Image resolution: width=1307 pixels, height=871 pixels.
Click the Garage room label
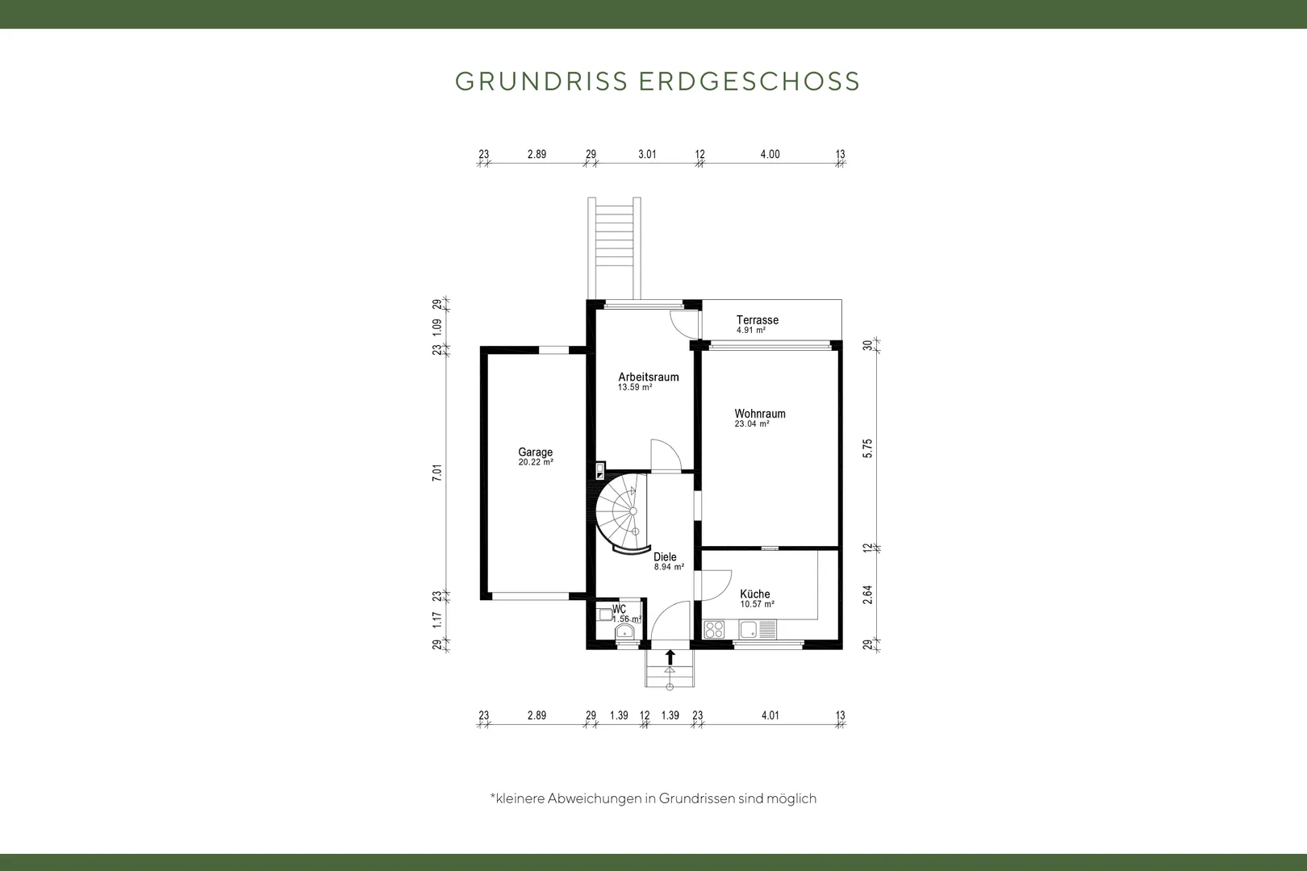(535, 452)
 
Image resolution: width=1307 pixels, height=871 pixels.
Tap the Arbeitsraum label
(648, 377)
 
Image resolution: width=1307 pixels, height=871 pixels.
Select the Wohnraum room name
(760, 414)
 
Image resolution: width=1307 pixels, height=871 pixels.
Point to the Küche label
(754, 594)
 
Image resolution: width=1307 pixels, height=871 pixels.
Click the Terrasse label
(758, 319)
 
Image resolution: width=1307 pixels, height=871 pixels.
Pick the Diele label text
(665, 556)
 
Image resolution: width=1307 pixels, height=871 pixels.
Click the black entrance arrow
(670, 657)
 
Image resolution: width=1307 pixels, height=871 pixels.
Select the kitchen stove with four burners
(714, 630)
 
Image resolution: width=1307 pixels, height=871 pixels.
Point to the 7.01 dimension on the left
(437, 473)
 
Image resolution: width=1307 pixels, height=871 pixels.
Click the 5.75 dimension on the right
(867, 448)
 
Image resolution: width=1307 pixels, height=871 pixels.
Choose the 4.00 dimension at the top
(770, 154)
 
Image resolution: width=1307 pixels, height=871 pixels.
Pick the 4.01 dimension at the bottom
(770, 715)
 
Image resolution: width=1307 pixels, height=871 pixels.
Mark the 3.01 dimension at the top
(647, 154)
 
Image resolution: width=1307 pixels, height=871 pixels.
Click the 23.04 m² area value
(752, 424)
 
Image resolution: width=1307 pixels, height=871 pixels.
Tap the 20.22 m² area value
(536, 462)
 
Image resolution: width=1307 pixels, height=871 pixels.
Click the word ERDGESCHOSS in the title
(750, 81)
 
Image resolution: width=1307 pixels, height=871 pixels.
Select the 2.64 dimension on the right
(867, 594)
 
